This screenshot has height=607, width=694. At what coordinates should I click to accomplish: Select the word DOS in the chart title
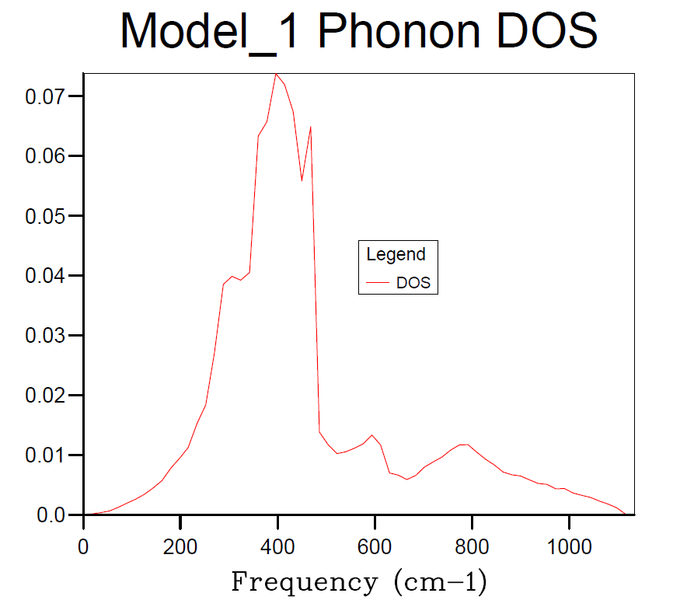(549, 32)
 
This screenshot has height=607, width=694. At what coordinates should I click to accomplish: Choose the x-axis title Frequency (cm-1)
(359, 581)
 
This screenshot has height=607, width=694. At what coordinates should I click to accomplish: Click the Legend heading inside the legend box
(396, 254)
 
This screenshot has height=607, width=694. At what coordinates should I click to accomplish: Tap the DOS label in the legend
(413, 283)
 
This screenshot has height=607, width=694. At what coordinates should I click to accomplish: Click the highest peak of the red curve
(276, 74)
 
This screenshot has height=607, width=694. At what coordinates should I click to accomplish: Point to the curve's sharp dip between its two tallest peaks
(302, 180)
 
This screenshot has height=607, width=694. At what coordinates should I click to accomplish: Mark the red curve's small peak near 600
(372, 435)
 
